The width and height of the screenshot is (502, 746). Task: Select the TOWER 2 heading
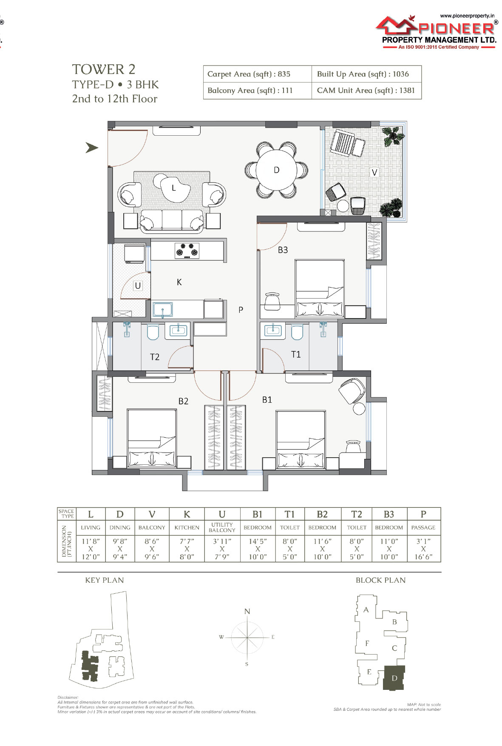(104, 69)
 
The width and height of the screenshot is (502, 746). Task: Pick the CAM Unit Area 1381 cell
(366, 91)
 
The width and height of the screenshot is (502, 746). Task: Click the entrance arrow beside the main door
(92, 148)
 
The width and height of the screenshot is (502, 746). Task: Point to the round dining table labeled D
(276, 170)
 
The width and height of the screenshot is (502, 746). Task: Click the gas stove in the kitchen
(187, 251)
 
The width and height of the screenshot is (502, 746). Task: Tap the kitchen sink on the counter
(163, 310)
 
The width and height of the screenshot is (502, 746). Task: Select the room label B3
(283, 250)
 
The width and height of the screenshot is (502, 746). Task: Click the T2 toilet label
(155, 357)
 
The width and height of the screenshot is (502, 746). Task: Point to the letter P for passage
(241, 310)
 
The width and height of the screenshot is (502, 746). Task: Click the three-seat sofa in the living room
(172, 221)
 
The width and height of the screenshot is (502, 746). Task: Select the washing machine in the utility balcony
(134, 253)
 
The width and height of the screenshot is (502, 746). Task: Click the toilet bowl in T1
(297, 332)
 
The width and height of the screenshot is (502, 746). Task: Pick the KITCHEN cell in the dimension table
(187, 527)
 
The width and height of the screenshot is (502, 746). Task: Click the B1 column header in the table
(258, 514)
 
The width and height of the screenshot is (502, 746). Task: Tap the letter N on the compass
(247, 612)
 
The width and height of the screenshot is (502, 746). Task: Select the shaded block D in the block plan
(394, 678)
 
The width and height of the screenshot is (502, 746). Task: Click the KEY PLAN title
(105, 580)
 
